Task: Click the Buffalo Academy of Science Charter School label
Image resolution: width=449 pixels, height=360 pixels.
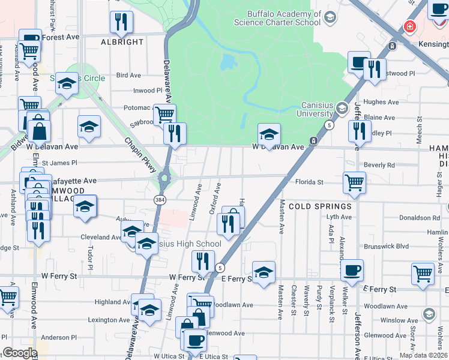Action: click(283, 18)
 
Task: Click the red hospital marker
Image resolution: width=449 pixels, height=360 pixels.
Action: click(410, 27)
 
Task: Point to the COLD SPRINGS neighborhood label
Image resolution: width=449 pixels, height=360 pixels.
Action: click(319, 206)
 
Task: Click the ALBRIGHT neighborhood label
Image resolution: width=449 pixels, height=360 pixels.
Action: click(122, 42)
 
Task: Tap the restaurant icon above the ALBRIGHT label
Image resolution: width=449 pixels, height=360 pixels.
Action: click(122, 22)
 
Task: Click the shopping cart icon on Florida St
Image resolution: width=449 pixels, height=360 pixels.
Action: click(354, 182)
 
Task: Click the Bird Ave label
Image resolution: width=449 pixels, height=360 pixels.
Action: click(128, 76)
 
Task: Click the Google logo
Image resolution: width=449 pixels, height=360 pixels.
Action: click(20, 353)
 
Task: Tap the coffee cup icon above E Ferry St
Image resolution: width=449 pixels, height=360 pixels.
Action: click(352, 270)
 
